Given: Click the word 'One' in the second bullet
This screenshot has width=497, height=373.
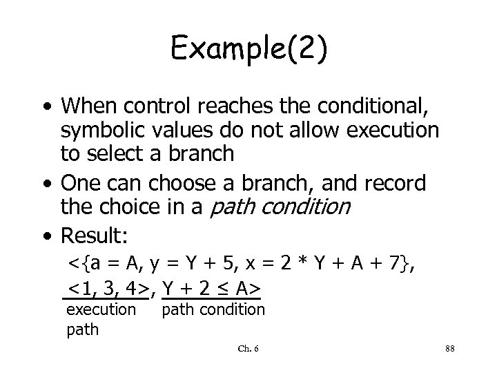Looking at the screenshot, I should (80, 183).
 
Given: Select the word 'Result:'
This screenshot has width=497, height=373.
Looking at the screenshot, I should (95, 236).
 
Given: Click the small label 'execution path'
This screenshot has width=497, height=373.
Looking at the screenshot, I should (101, 319).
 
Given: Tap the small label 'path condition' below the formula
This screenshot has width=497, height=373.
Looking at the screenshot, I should (213, 309).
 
